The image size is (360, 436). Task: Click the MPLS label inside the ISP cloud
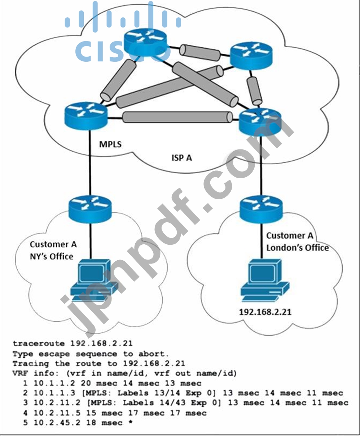[x=110, y=144]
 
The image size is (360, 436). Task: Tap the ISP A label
[x=181, y=158]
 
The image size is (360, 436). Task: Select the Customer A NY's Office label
[x=53, y=250]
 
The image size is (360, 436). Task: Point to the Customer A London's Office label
[x=297, y=241]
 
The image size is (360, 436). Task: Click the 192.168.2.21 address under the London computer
[x=265, y=311]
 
